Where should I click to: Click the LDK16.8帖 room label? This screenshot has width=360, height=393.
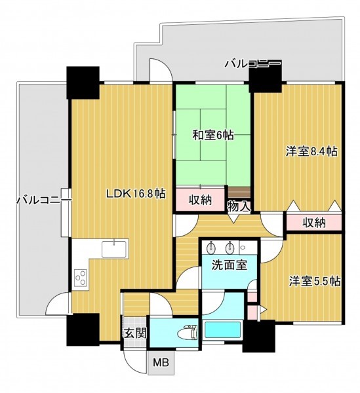click(136, 194)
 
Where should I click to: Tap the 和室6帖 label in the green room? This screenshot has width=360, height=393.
click(213, 136)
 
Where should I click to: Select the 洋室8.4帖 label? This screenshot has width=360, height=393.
click(311, 152)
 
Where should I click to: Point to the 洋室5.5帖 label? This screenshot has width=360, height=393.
click(315, 281)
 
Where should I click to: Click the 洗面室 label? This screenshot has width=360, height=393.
click(230, 265)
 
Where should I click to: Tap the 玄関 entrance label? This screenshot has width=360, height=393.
click(136, 333)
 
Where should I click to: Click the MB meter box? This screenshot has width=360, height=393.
click(161, 362)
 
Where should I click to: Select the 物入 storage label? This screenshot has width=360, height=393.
click(239, 207)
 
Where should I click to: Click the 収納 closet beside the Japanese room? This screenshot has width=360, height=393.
click(200, 200)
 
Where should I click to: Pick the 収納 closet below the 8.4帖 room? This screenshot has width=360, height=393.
click(314, 222)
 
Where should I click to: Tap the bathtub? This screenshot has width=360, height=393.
click(222, 330)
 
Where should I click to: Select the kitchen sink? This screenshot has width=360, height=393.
click(114, 249)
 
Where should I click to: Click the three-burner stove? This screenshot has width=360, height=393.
click(81, 278)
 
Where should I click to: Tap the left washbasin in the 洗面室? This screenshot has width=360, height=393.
click(211, 249)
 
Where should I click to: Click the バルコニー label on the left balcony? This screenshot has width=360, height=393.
click(44, 200)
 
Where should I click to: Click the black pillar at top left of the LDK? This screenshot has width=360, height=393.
click(83, 83)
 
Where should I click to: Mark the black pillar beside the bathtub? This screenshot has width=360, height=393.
click(259, 336)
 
